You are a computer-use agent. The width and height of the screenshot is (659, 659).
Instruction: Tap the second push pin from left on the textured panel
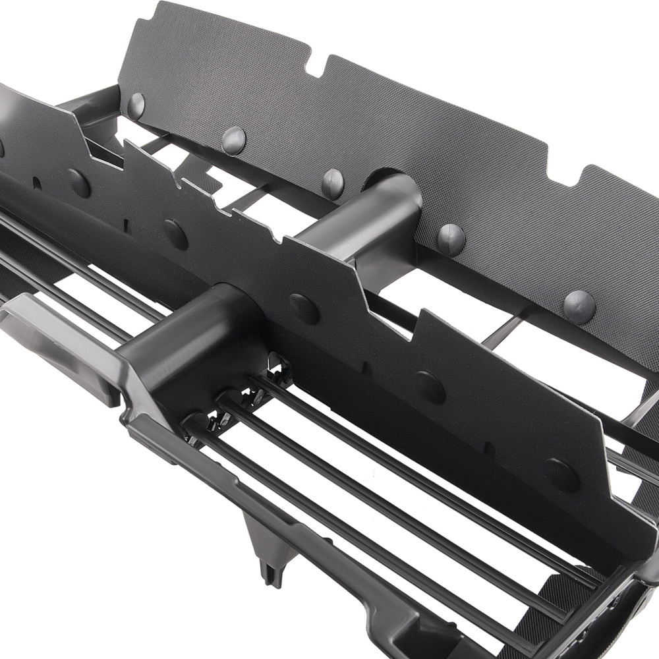pyautogui.click(x=233, y=140)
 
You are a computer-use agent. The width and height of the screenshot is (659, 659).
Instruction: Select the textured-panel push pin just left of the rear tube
pyautogui.click(x=332, y=183)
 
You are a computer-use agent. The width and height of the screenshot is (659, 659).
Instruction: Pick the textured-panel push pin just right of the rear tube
pyautogui.click(x=451, y=238)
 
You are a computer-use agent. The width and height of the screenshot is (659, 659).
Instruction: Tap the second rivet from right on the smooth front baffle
pyautogui.click(x=430, y=387)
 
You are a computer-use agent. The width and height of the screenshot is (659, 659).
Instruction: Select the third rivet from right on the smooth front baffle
pyautogui.click(x=304, y=308)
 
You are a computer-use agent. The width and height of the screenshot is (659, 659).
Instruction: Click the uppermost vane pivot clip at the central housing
pyautogui.click(x=280, y=369)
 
